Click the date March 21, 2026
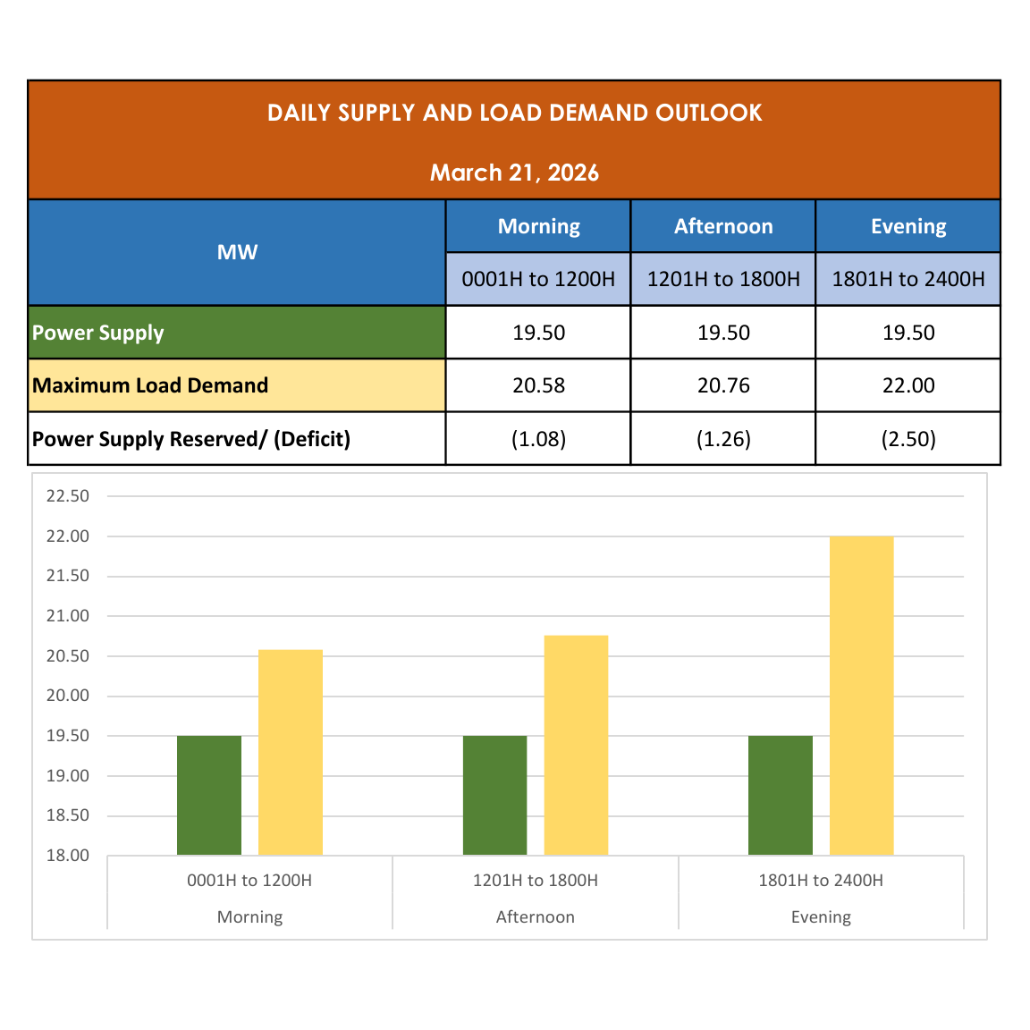[514, 173]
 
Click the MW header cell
[237, 252]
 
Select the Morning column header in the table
[538, 226]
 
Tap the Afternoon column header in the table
[723, 226]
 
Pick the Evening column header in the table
[908, 226]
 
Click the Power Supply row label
[98, 333]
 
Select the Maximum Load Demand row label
[150, 385]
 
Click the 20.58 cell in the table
[538, 385]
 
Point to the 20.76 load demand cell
[723, 385]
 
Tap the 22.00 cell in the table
[908, 385]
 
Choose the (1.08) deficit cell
[538, 439]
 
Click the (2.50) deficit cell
[908, 439]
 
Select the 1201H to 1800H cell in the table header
[723, 279]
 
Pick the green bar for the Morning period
[209, 795]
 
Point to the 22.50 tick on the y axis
[68, 496]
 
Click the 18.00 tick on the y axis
[68, 856]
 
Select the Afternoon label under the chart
[535, 916]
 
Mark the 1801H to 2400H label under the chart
[821, 881]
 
